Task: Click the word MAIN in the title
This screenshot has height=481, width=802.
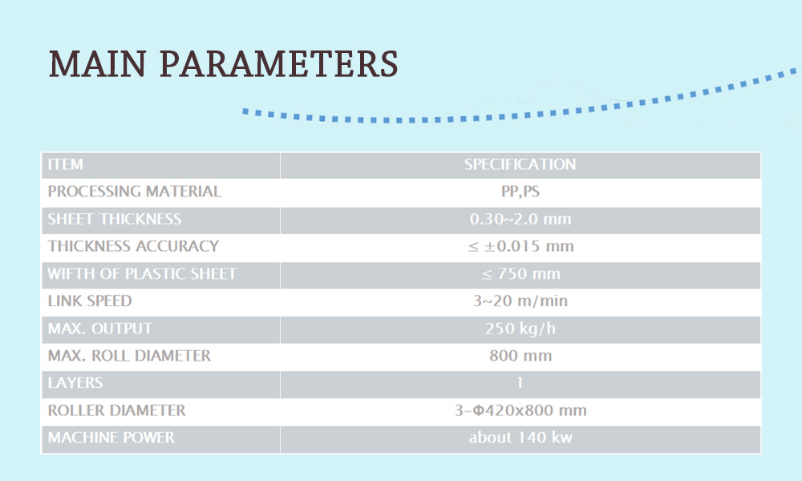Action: point(98,64)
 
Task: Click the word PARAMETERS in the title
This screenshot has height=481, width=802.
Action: point(279,64)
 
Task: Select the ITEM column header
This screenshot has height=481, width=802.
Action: point(66,164)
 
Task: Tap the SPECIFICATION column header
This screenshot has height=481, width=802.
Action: point(520,164)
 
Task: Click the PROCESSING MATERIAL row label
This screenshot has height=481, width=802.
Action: point(135,191)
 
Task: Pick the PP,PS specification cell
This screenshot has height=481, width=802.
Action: point(520,192)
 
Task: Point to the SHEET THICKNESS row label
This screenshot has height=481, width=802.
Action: point(115,219)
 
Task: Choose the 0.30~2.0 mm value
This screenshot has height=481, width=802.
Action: point(520,219)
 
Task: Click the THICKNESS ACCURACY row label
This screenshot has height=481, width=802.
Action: point(133,246)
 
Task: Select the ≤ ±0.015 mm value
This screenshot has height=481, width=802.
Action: point(520,246)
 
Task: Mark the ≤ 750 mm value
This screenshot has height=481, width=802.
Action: point(520,273)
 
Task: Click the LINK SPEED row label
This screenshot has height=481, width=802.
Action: point(90,301)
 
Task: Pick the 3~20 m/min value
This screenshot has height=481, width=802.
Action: point(520,301)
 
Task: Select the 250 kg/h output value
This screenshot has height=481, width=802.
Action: point(520,328)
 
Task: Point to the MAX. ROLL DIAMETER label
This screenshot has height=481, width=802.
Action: point(129,355)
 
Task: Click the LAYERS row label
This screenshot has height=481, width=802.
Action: point(75,382)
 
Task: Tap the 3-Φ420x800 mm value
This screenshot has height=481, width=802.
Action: point(520,410)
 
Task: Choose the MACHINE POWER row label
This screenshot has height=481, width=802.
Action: point(111,437)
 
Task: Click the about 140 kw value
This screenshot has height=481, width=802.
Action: point(520,437)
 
